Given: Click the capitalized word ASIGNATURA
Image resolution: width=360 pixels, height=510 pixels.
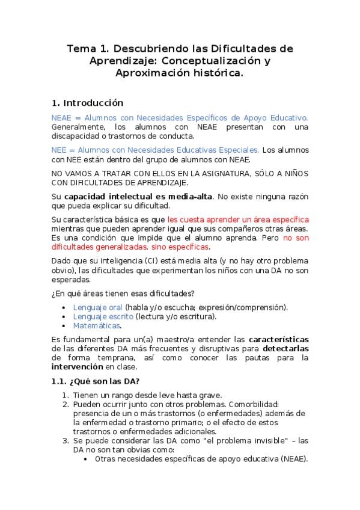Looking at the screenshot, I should pyautogui.click(x=219, y=173).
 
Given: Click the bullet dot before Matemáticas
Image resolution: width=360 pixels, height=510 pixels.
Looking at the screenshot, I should pyautogui.click(x=65, y=326).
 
